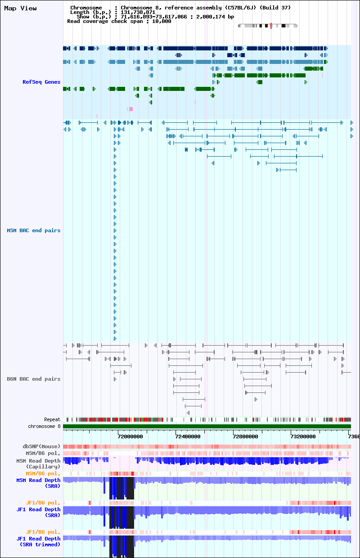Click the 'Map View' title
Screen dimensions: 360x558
coord(20,8)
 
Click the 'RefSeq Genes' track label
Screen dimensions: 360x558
coord(41,82)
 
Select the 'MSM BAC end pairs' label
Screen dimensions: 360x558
coord(34,230)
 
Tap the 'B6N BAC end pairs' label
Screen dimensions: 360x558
coord(34,379)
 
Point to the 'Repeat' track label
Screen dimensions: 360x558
coord(52,419)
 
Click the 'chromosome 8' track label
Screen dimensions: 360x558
coord(44,426)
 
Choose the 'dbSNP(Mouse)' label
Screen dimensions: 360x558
coord(41,446)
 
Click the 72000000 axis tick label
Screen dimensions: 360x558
coord(130,436)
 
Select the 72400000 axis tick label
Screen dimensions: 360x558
coord(188,436)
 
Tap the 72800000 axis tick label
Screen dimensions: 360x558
coord(245,436)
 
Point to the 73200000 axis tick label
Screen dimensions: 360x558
coord(303,436)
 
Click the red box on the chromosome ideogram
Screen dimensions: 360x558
coord(271,26)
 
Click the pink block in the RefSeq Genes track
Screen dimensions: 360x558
coord(131,109)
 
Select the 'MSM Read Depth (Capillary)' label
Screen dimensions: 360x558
coord(38,463)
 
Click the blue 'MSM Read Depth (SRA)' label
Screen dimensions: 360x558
coord(38,483)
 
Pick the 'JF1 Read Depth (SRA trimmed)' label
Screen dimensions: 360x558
coord(38,541)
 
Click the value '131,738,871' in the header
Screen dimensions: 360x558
coord(138,12)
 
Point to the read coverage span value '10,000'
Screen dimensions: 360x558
coord(162,21)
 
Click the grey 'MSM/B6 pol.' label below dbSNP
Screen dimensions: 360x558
coord(43,453)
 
